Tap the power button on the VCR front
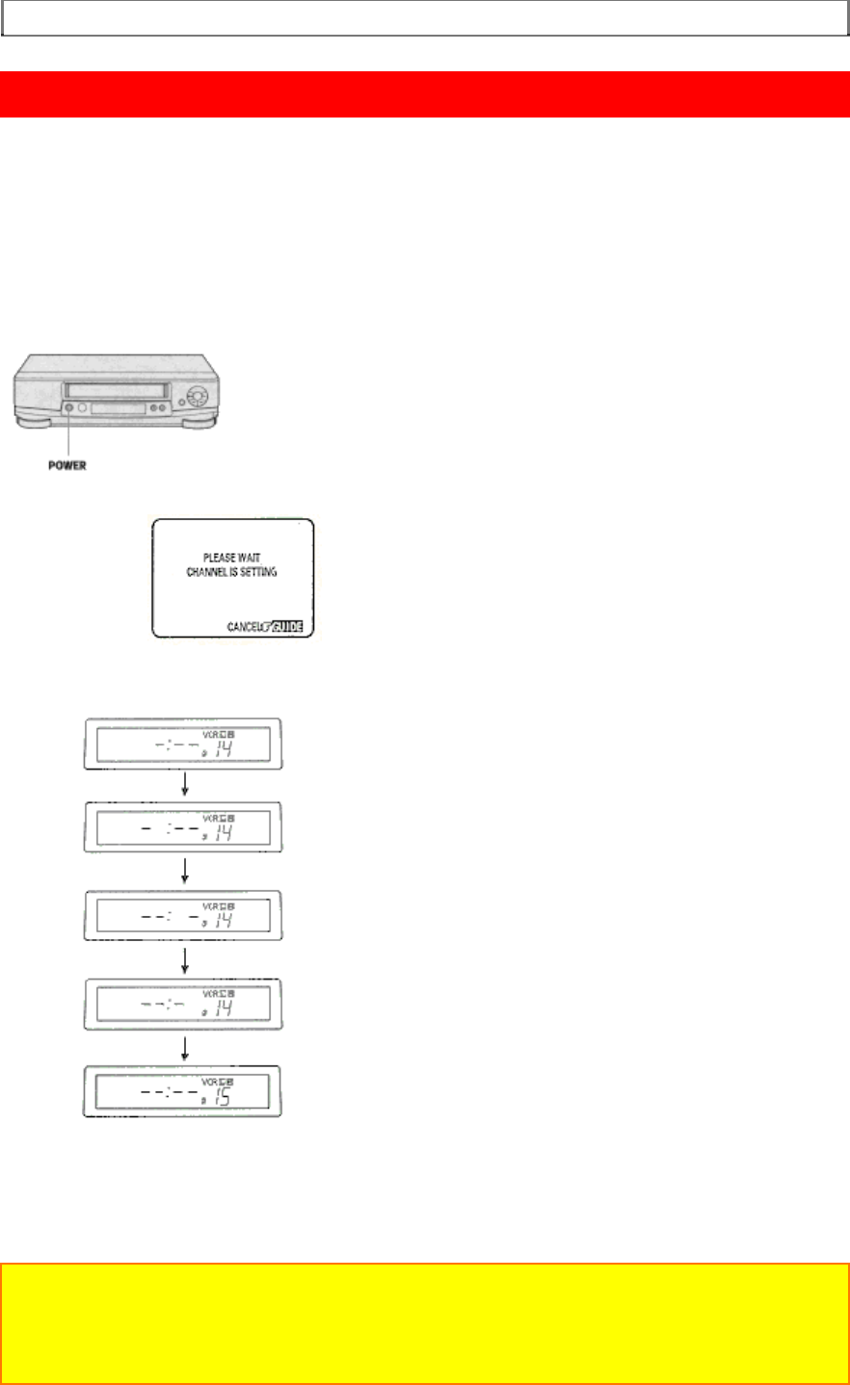66,408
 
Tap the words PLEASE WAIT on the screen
232,558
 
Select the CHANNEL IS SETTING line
232,572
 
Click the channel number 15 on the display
223,1098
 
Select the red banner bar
425,94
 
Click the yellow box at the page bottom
425,1323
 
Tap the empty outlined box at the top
425,17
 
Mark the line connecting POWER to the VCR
66,435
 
